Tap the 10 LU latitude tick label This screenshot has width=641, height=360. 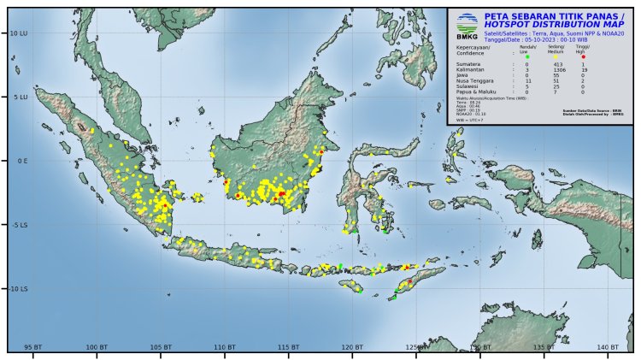(16, 32)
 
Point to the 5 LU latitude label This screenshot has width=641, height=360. (17, 97)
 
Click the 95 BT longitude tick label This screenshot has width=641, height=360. (33, 346)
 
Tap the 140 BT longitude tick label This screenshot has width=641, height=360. (608, 346)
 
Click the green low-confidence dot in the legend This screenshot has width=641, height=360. (527, 56)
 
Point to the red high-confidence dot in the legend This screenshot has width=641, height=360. (583, 56)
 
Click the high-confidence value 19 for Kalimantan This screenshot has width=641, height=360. (583, 70)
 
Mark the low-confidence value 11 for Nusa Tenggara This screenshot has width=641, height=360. (528, 81)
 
